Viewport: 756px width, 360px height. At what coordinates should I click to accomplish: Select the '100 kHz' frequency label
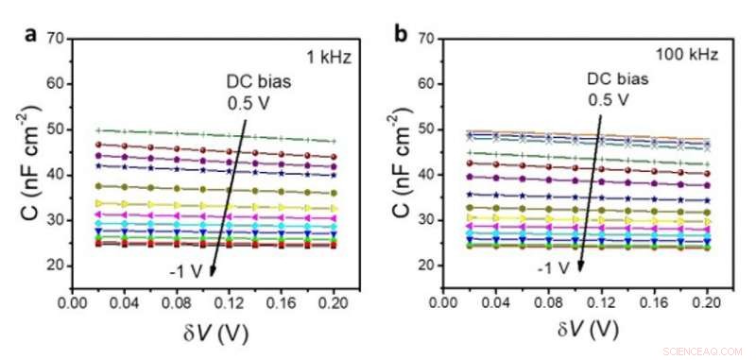(692, 56)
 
